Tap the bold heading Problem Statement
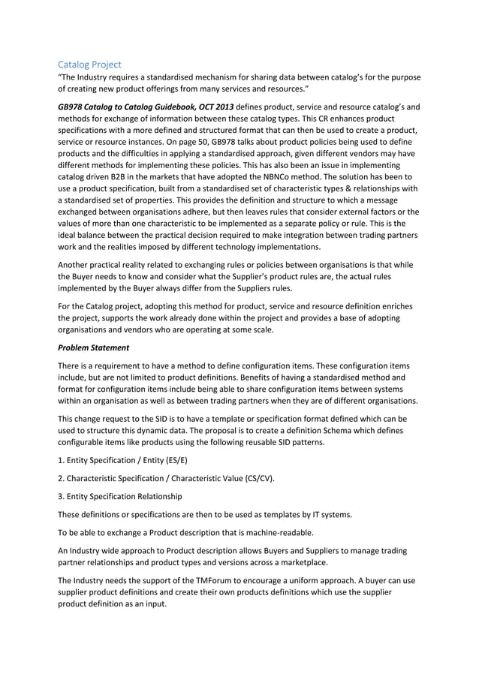click(x=94, y=348)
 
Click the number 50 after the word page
click(x=192, y=142)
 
